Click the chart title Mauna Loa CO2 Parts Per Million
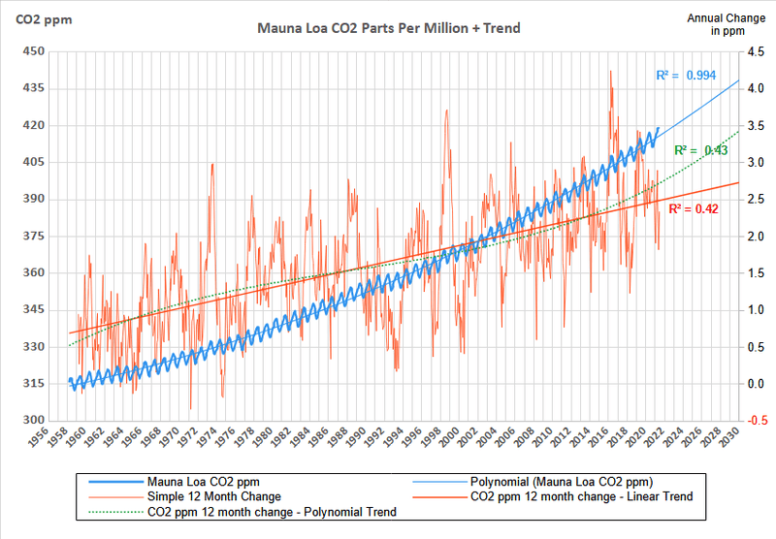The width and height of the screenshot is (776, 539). point(388,28)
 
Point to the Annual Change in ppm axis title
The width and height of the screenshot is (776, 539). point(716,24)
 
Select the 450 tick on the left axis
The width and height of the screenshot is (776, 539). point(34,51)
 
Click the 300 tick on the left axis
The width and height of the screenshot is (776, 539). point(34,421)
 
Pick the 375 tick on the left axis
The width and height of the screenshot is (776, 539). point(34,237)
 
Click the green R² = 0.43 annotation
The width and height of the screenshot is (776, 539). point(702,150)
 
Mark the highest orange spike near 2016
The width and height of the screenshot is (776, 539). point(610,71)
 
